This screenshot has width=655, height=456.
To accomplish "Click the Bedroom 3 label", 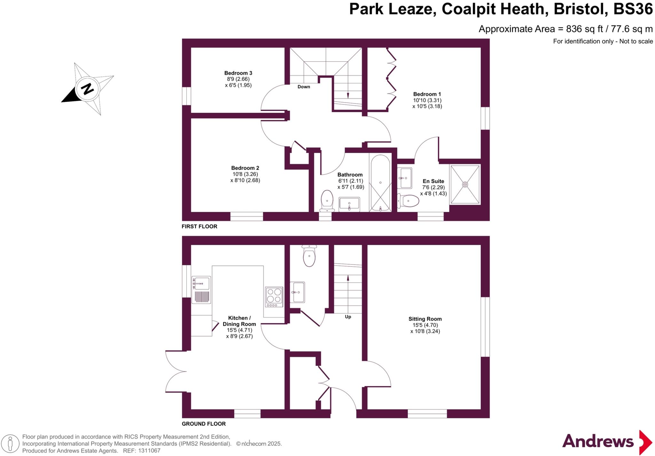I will coord(238,73).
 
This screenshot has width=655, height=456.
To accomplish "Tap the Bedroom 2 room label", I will coord(245,168).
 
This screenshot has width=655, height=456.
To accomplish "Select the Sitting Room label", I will coord(425,319).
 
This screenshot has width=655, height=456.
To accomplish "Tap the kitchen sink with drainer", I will coord(201,290).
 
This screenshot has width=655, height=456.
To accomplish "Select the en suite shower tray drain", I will coord(465,184).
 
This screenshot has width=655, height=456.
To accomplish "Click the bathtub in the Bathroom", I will coord(380,183).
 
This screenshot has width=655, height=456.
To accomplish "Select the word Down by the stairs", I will coord(304,87).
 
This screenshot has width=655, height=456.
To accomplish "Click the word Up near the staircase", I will coord(348,317).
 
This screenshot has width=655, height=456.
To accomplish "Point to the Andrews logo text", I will coord(597,442).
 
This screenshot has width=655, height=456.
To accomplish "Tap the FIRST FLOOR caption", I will coord(199,227).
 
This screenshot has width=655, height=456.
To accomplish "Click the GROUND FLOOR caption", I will coord(203,424).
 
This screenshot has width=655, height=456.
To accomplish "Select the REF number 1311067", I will coord(149,451).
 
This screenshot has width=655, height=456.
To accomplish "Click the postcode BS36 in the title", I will coord(633,9).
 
